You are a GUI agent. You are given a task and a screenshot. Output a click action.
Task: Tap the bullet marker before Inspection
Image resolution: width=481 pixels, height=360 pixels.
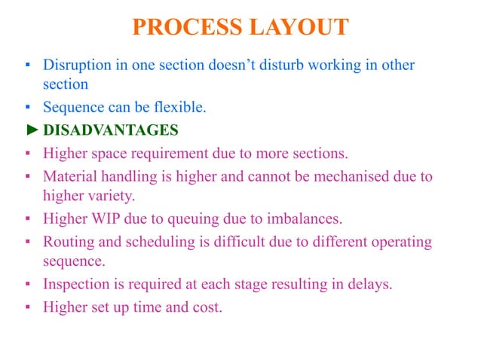26,285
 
